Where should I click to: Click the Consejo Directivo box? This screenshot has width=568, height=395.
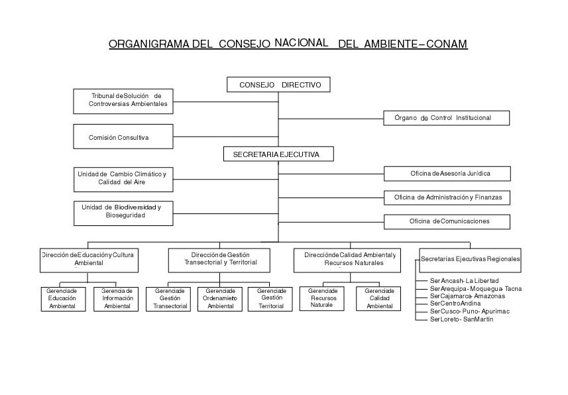coord(278,85)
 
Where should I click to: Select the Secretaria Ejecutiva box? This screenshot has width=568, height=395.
coord(278,154)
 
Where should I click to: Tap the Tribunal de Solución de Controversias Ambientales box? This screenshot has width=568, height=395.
coord(123,100)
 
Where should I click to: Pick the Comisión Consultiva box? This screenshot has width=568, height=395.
coord(123,137)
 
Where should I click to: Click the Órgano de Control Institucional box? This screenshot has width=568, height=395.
coord(447,118)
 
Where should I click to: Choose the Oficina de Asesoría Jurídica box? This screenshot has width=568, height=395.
coord(447,174)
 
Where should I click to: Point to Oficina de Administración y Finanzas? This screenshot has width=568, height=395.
coord(447,197)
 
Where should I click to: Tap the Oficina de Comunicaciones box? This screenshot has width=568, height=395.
coord(447,221)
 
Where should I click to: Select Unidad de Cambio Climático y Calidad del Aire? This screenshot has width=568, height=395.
coord(123,178)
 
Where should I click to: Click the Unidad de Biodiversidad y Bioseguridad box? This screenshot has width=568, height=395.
coord(123,211)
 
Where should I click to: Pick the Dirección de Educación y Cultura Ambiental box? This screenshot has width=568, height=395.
coord(89,259)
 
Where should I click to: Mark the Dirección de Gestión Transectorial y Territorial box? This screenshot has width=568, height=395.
coord(219,259)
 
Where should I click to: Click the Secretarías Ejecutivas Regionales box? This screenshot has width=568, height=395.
coord(470,259)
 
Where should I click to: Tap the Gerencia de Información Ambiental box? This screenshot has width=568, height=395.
coord(117,298)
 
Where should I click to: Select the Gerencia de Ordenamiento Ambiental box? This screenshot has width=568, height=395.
coord(220,298)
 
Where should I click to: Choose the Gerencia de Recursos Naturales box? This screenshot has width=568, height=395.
coord(323,298)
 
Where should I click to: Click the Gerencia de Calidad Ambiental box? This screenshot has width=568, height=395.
coord(379,298)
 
